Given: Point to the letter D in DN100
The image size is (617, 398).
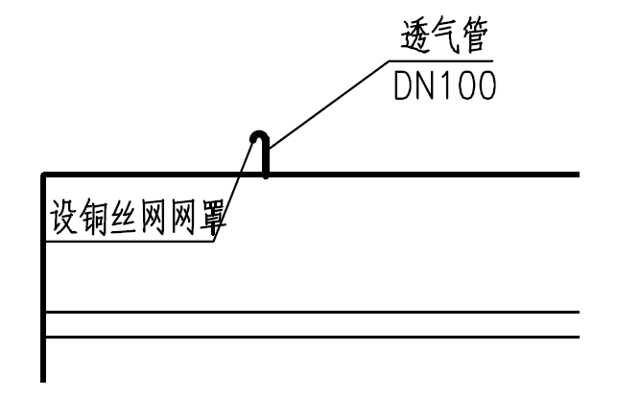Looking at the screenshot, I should tap(404, 86).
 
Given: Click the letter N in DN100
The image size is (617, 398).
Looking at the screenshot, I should tap(428, 86).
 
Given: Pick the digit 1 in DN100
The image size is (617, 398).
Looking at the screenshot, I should tap(448, 86).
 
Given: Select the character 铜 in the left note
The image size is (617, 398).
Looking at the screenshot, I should tap(94, 221).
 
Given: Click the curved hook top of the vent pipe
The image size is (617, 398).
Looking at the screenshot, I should tap(259, 135).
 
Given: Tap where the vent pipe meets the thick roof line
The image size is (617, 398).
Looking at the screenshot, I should tap(266, 174).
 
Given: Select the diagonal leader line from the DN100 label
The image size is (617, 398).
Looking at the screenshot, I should tap(326, 105).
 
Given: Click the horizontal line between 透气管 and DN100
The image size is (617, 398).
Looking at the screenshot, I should tap(441, 63).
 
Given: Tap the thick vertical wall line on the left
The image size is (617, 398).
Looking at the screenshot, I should tap(44, 288).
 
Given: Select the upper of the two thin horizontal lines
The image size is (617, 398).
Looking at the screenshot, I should tap(317, 313).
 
